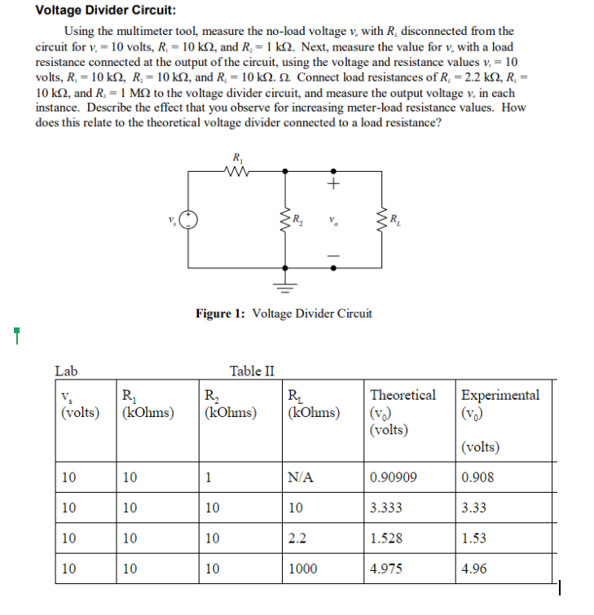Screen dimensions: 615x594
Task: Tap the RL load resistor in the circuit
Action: pyautogui.click(x=381, y=219)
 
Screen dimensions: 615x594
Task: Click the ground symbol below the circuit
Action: pyautogui.click(x=285, y=284)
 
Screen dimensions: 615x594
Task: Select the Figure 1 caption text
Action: pyautogui.click(x=283, y=313)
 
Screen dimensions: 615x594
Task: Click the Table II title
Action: pyautogui.click(x=253, y=371)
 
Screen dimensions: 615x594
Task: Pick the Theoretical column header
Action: pyautogui.click(x=403, y=395)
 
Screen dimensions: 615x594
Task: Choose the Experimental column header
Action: pyautogui.click(x=499, y=395)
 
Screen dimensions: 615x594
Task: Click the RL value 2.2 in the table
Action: pyautogui.click(x=297, y=538)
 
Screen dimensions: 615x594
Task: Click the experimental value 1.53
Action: pyautogui.click(x=473, y=538)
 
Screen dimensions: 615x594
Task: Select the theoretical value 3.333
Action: pyautogui.click(x=385, y=508)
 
